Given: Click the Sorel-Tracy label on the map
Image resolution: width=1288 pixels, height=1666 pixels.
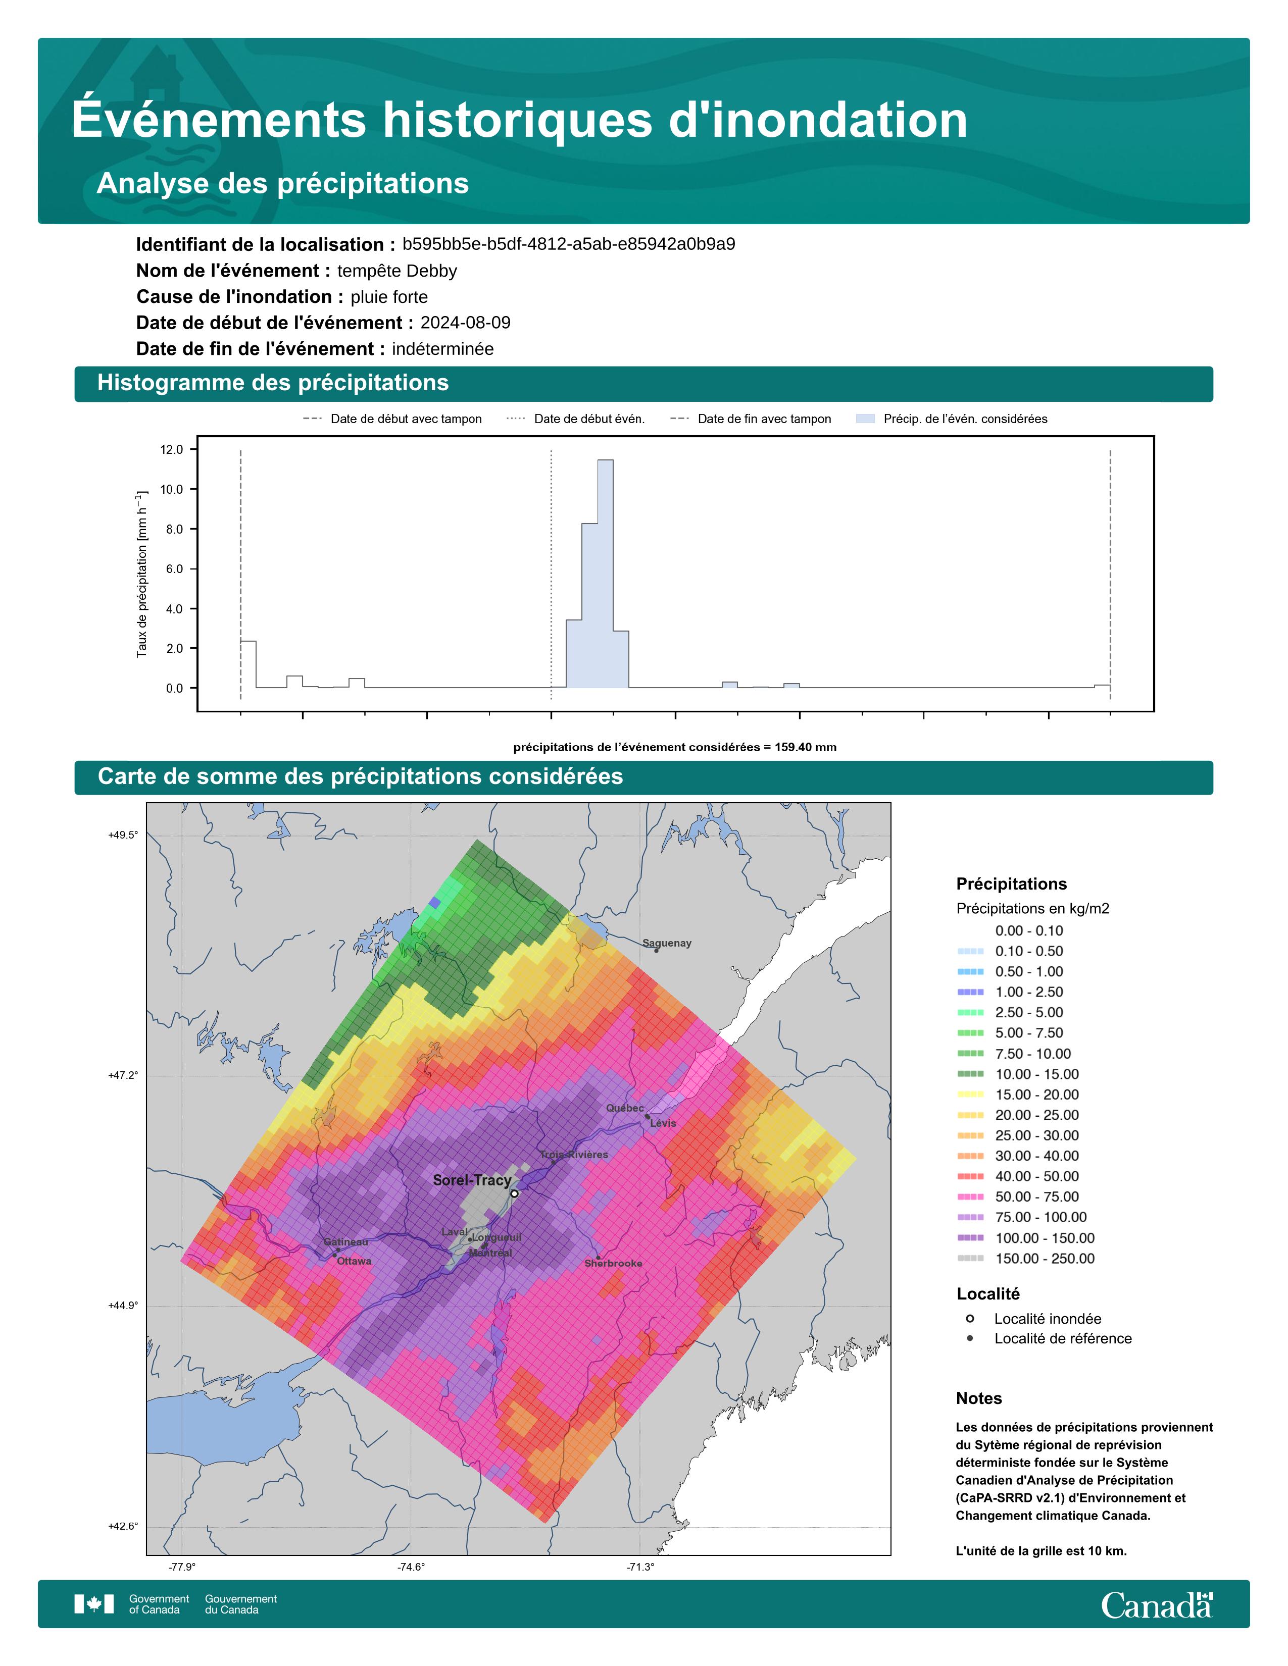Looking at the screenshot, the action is click(472, 1180).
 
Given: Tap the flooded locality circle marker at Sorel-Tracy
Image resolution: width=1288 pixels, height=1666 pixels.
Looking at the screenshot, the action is click(514, 1193).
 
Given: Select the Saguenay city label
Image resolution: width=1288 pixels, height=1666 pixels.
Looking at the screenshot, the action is click(667, 943).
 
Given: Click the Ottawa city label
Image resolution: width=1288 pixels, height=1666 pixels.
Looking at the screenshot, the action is click(354, 1261).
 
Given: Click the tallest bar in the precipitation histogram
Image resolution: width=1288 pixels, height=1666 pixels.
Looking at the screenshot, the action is click(605, 574).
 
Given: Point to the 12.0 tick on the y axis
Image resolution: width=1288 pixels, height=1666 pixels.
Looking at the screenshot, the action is click(172, 449).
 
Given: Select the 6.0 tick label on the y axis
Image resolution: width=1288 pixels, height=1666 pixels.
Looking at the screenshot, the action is click(172, 569).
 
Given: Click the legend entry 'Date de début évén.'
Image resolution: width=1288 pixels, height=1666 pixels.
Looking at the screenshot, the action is click(589, 419).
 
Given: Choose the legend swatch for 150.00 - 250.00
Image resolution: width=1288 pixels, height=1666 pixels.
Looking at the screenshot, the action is click(970, 1259).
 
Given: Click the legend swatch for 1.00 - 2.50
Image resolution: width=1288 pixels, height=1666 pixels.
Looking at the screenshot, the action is click(970, 992).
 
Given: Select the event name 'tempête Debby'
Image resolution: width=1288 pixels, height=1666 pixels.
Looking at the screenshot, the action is click(397, 271).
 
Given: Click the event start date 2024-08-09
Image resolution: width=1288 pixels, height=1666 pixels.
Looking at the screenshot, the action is click(466, 323).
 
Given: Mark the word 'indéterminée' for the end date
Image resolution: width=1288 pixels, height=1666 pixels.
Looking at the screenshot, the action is click(442, 349).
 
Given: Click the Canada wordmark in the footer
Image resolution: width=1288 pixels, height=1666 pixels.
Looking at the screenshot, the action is click(1157, 1605).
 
